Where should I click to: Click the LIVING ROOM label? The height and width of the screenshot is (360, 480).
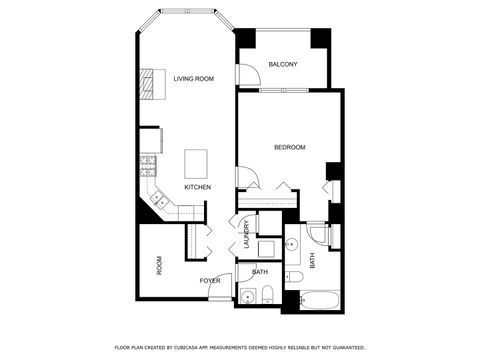(193, 79)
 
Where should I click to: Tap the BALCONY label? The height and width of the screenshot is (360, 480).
(283, 65)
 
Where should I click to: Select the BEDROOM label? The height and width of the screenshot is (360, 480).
(289, 148)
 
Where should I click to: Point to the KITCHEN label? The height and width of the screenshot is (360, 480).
(197, 187)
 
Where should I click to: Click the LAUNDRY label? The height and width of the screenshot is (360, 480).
(245, 236)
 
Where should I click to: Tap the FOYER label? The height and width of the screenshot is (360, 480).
(209, 280)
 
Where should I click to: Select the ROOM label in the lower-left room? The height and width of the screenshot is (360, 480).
(159, 265)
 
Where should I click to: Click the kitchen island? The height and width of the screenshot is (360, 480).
(196, 163)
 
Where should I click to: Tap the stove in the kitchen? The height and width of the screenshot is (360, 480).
(148, 166)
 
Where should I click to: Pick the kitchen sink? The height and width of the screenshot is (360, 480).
(159, 200)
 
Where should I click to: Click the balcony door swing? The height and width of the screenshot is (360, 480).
(244, 73)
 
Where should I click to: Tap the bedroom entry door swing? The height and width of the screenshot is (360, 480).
(247, 178)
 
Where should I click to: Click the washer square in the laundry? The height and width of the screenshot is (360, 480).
(266, 249)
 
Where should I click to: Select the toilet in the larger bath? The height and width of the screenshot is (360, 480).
(294, 275)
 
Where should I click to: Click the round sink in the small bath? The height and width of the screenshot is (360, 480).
(248, 295)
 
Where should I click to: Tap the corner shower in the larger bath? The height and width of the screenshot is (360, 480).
(316, 236)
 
